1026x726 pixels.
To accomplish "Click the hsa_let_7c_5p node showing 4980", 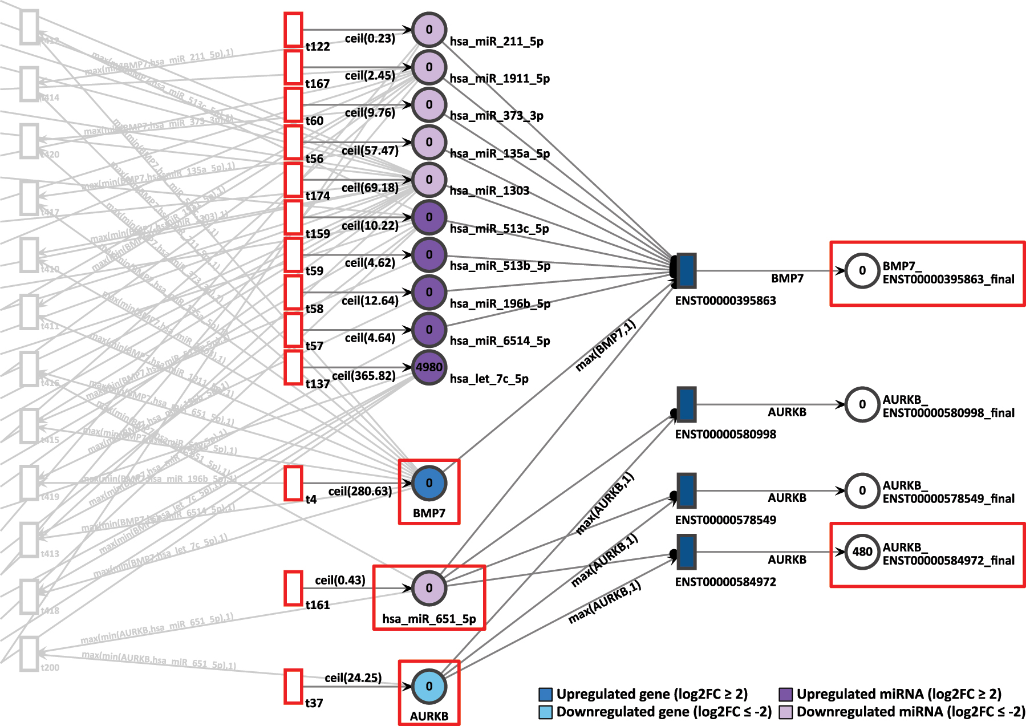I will coord(429,367).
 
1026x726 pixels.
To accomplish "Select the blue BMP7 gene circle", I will coord(429,483).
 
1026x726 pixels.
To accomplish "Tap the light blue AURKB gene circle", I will coord(429,686).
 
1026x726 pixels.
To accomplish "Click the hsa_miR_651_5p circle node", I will coord(429,588).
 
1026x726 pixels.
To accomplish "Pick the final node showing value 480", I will coord(862,551).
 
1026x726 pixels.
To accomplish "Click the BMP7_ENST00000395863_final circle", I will coord(862,270).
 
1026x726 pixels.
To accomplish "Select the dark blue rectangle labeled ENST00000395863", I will coord(687,271).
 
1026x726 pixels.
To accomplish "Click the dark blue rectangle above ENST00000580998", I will coord(687,404).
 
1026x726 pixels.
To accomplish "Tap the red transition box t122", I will coord(293,30).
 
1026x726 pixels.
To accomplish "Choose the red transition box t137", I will coord(293,367).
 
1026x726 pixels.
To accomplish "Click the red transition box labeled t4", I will coord(293,483).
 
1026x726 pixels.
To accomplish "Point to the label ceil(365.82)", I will coord(364,376).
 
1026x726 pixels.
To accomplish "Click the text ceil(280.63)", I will coord(360,491).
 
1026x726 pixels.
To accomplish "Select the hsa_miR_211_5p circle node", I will coord(429,30).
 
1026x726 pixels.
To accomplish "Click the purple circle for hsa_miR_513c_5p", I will coord(429,217).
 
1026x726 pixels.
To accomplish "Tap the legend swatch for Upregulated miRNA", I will coord(786,694).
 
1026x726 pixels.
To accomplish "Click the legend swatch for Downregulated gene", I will coord(546,712).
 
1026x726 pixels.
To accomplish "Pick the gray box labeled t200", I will coord(29,654).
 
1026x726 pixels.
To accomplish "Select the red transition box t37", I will coord(293,686).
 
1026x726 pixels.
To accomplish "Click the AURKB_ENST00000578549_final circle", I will coord(862,490).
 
